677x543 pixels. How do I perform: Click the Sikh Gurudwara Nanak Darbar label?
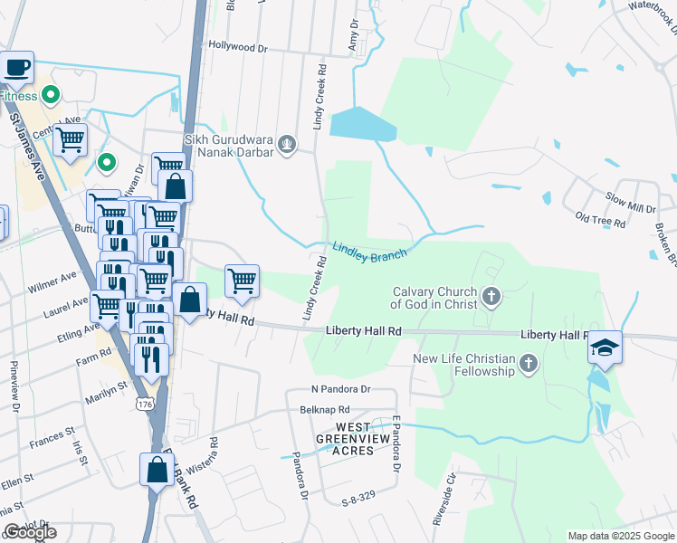coord(228,146)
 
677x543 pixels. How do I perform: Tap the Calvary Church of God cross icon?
coord(491,296)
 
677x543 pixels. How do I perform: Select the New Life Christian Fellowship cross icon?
coord(529,366)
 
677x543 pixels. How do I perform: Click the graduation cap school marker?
coord(605,348)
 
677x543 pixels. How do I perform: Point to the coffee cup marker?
coord(17,67)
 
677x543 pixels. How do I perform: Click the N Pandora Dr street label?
coord(341,389)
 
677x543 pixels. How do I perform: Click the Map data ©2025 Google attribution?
coord(621,535)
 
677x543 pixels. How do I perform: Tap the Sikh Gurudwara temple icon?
coord(287,143)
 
